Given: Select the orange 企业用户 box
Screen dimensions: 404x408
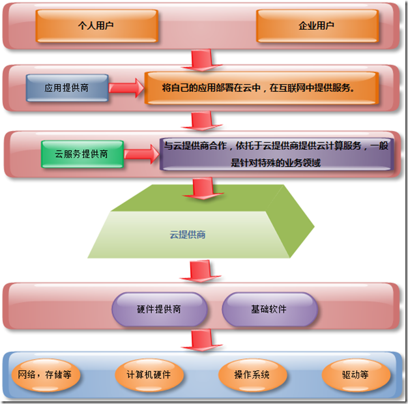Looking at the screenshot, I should pyautogui.click(x=316, y=25).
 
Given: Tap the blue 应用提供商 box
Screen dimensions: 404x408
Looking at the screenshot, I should pyautogui.click(x=66, y=87).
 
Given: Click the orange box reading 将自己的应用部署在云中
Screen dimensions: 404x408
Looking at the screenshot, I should pyautogui.click(x=261, y=87).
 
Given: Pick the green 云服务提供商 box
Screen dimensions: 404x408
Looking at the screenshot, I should pyautogui.click(x=81, y=154).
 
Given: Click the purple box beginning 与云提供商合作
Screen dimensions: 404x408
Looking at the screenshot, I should pyautogui.click(x=276, y=154).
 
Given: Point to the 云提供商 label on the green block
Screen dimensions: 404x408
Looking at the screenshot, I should pyautogui.click(x=188, y=234).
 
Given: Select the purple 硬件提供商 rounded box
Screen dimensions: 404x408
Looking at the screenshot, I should pyautogui.click(x=159, y=309).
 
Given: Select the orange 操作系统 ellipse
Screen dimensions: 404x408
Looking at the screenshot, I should pyautogui.click(x=252, y=375).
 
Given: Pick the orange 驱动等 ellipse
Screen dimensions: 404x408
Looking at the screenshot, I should pyautogui.click(x=355, y=375).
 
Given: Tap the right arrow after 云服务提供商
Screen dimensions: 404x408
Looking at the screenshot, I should pyautogui.click(x=141, y=154).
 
